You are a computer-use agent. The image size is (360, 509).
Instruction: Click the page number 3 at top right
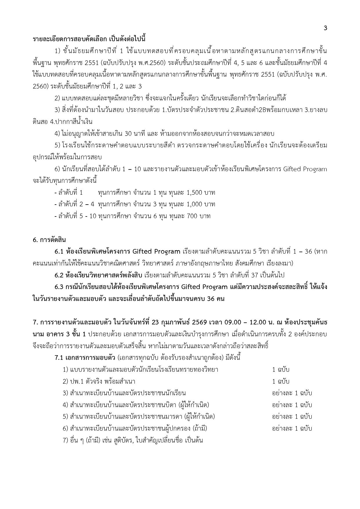[x=325, y=28]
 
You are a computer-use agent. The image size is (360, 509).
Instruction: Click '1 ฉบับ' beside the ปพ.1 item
[x=281, y=381]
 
